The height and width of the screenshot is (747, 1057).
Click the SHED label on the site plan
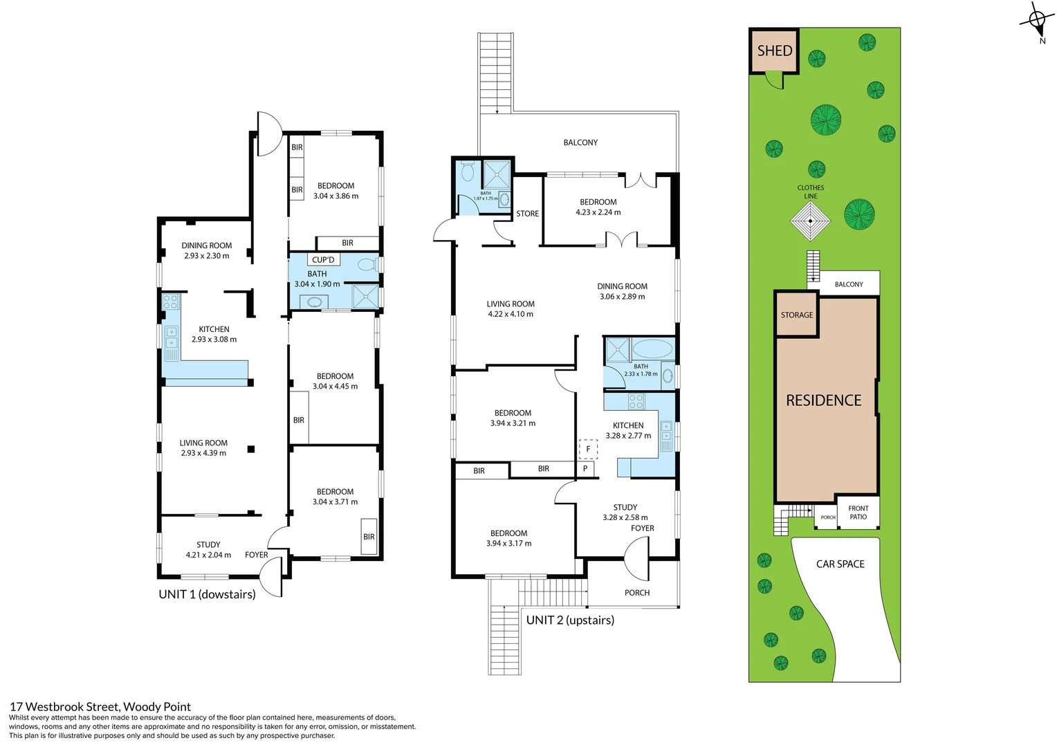[x=774, y=50]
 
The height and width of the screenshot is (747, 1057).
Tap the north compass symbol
[x=1037, y=21]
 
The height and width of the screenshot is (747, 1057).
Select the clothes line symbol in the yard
[x=810, y=221]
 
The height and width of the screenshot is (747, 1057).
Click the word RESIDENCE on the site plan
[x=823, y=400]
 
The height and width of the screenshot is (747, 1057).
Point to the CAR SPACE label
[x=840, y=564]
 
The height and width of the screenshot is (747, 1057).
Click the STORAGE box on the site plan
[x=797, y=315]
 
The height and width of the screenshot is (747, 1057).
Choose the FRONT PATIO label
[x=858, y=513]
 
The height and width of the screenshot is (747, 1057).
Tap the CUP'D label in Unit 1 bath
[x=323, y=260]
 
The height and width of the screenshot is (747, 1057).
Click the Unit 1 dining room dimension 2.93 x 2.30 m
[x=206, y=256]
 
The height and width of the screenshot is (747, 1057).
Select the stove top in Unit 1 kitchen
[x=171, y=302]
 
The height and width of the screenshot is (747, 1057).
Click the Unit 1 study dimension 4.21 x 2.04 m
[x=208, y=555]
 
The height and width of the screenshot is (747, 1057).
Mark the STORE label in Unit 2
[x=527, y=214]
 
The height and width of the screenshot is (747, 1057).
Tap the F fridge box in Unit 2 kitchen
[x=588, y=449]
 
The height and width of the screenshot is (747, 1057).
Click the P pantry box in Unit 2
[x=585, y=469]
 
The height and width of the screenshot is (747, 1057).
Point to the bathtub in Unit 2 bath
[x=652, y=349]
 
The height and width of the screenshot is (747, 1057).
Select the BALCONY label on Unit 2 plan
[x=580, y=142]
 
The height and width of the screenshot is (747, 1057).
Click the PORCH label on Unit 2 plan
[x=636, y=593]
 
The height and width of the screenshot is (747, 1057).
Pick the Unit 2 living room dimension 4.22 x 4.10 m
[x=510, y=314]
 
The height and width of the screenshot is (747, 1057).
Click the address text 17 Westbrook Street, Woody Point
[x=100, y=706]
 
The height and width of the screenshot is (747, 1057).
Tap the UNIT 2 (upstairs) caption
[x=570, y=620]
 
